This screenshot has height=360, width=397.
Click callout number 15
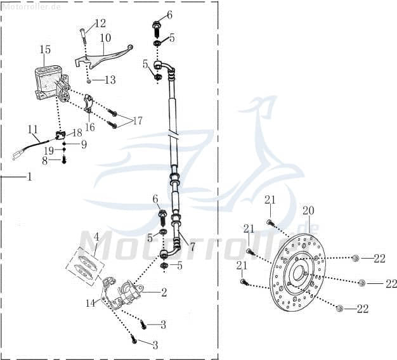click(x=45, y=49)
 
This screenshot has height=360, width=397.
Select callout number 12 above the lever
click(x=100, y=23)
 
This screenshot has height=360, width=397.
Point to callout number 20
click(x=308, y=211)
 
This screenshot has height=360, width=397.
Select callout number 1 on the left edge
click(x=29, y=177)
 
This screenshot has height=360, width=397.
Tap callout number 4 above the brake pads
click(x=96, y=237)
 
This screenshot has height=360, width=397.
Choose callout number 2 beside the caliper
click(x=164, y=292)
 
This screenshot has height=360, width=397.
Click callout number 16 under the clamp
click(x=89, y=127)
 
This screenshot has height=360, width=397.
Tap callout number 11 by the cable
click(x=32, y=129)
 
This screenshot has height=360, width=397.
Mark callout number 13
click(x=110, y=80)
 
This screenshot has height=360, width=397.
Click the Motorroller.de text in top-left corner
click(x=31, y=6)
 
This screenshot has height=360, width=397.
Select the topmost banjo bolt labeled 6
click(x=156, y=27)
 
